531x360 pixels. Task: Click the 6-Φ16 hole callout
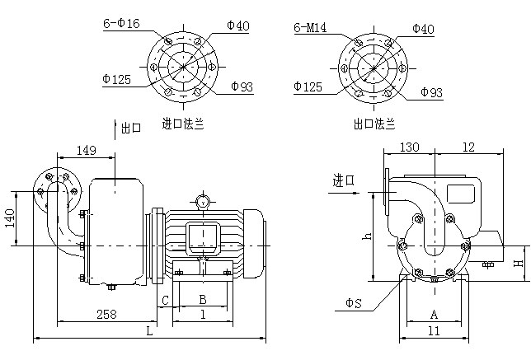click(x=121, y=23)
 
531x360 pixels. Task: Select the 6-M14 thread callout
click(x=310, y=27)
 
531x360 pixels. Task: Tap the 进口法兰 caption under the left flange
click(x=183, y=124)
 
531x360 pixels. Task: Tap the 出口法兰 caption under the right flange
click(x=374, y=124)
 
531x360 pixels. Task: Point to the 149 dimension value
click(x=87, y=150)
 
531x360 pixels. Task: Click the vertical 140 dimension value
click(x=10, y=218)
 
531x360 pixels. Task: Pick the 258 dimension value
click(x=106, y=315)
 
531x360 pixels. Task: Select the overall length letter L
click(x=149, y=331)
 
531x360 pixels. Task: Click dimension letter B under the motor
click(x=203, y=299)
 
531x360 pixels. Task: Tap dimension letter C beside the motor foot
click(x=165, y=300)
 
